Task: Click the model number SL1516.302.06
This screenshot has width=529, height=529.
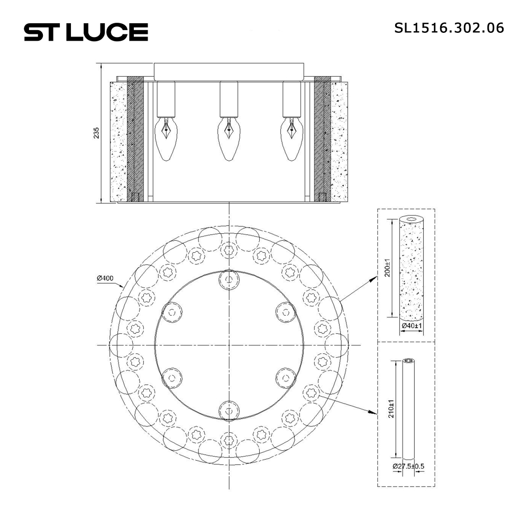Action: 449,27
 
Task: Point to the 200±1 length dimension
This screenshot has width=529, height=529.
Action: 388,268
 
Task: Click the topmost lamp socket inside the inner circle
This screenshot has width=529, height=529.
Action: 229,279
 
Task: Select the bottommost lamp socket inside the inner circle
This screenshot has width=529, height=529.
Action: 229,408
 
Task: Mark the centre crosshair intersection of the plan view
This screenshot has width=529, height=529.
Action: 229,345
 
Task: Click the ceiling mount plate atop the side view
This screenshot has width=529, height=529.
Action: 229,70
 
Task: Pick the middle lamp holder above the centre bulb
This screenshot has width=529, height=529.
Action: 229,98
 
